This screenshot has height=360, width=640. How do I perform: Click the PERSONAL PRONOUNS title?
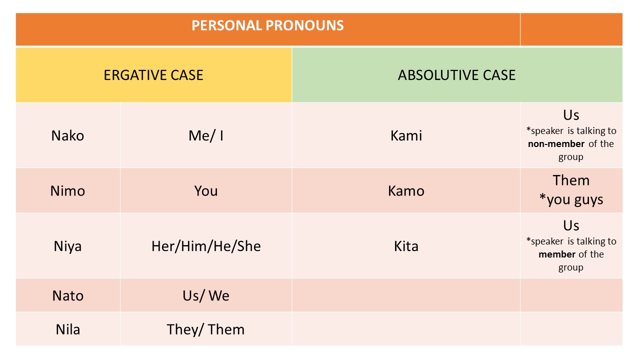tap(267, 25)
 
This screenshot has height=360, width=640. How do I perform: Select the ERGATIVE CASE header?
tap(153, 75)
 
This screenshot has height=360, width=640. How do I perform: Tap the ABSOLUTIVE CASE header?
tap(456, 75)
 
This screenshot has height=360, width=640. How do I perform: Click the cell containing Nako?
tap(67, 135)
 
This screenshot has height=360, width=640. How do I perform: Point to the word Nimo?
tap(67, 190)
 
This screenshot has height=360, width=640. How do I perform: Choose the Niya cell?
tap(67, 246)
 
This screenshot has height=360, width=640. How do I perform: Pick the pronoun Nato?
tap(67, 295)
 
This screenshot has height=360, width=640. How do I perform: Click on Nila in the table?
tap(67, 329)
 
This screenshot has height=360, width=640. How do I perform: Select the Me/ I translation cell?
tap(205, 135)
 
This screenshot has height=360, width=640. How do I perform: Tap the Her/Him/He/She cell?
tap(205, 246)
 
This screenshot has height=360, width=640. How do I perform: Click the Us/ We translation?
tap(205, 295)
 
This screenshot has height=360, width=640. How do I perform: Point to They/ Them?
tap(205, 329)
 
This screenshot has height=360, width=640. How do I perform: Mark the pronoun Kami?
tap(406, 135)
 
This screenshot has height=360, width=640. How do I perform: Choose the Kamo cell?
tap(406, 190)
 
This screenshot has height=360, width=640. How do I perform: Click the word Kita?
tap(406, 246)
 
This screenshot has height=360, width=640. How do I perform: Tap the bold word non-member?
tap(556, 144)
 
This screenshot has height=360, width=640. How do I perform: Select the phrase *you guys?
tap(571, 199)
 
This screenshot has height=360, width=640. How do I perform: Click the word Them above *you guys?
tap(571, 180)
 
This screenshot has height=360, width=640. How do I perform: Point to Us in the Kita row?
tap(571, 225)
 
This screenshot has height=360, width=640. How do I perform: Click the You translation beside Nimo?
tap(205, 190)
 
